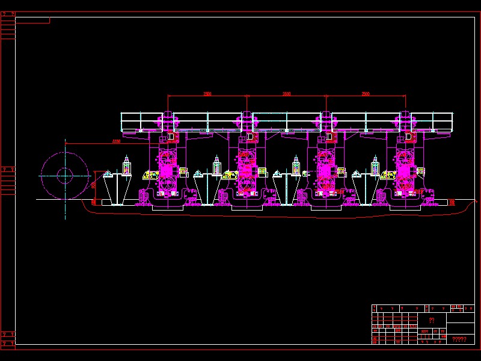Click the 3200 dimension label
(116, 141)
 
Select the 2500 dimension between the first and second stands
(207, 94)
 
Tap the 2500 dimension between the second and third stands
(286, 94)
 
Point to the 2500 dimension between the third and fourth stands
(366, 94)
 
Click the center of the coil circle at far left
(65, 176)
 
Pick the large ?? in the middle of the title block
(431, 321)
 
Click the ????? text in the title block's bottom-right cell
(459, 339)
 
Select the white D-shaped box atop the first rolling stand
(171, 137)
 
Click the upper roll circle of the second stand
(245, 158)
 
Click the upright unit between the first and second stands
(217, 165)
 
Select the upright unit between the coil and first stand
(126, 165)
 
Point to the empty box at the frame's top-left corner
(32, 20)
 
